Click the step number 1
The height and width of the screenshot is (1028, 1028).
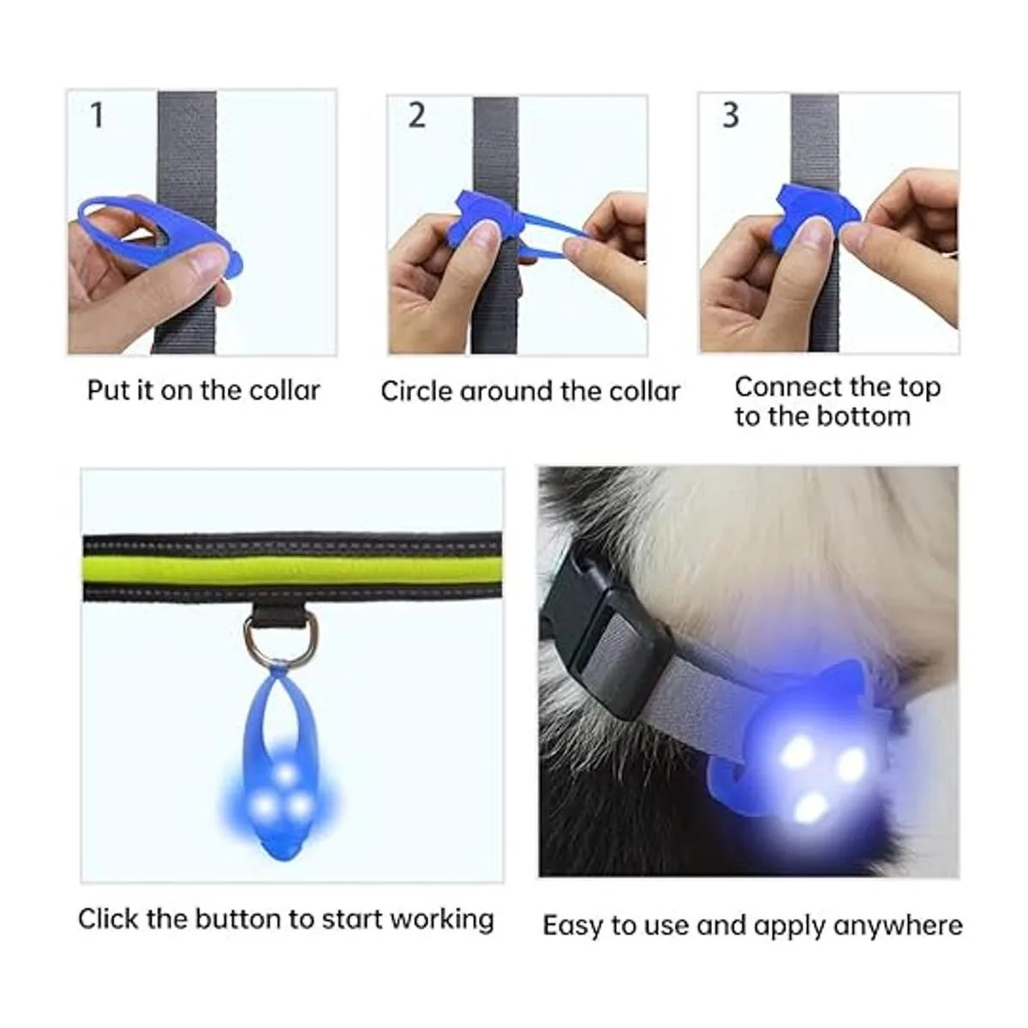[x=97, y=115]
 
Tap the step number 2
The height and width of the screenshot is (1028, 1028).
[x=416, y=115]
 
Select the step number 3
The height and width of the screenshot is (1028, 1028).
[x=731, y=115]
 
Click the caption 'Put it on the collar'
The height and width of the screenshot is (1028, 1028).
[x=203, y=391]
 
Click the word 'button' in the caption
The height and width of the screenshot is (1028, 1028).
[x=238, y=918]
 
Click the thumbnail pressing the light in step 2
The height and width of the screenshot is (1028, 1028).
[x=487, y=233]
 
